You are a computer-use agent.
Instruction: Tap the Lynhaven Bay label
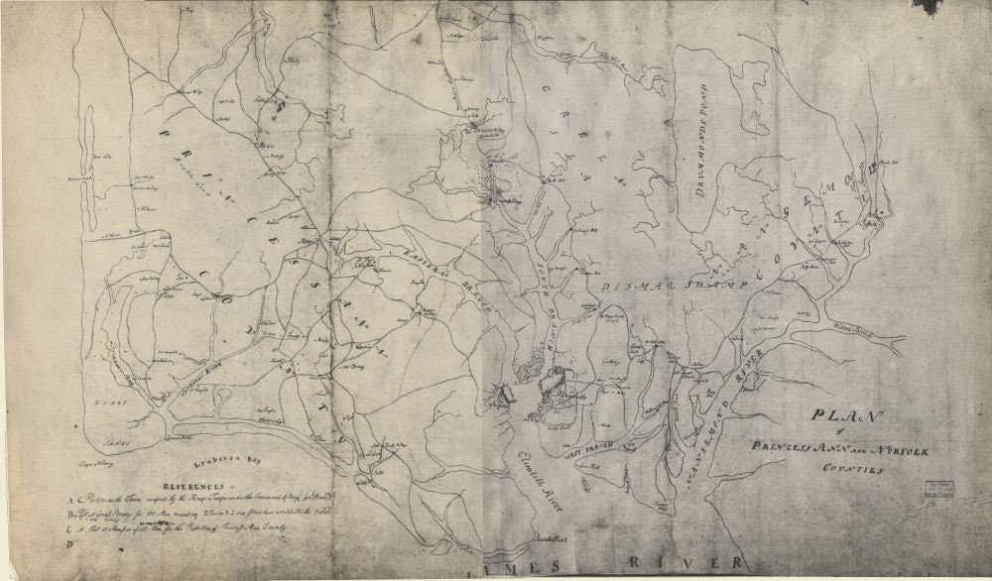219,462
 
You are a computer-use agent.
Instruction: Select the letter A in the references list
70,501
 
